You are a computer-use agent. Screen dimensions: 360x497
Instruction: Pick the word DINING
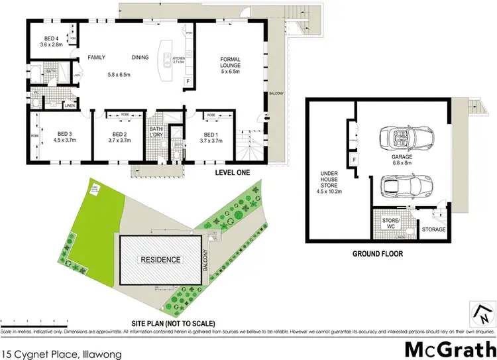tap(140, 58)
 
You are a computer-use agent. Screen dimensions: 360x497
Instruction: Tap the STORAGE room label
tap(434, 229)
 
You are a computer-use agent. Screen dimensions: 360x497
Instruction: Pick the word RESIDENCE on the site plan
tap(158, 259)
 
